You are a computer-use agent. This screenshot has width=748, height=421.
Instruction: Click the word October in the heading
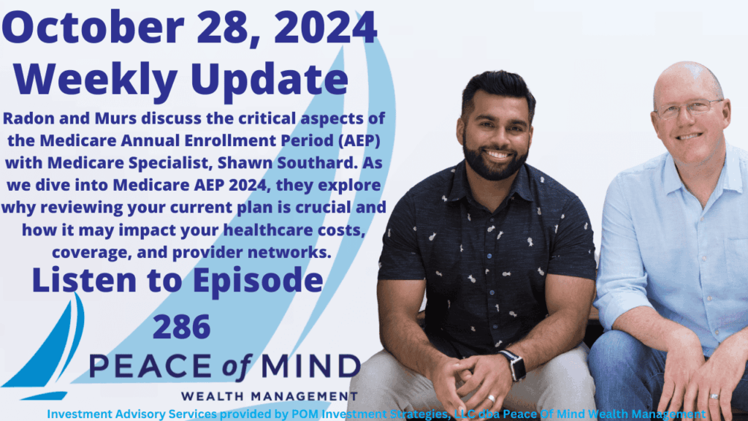coord(93,28)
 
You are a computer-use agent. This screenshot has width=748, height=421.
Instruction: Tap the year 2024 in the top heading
coord(325,28)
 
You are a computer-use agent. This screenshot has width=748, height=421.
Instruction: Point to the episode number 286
coord(182,327)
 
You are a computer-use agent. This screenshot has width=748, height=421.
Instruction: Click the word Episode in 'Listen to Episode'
coord(258,281)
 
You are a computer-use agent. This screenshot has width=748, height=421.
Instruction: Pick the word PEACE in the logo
coord(150,367)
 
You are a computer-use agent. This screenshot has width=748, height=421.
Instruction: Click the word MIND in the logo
coord(310,367)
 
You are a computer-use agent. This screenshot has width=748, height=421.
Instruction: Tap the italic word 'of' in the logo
coord(236,368)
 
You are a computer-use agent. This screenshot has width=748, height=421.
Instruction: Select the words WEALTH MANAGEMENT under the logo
coord(270,396)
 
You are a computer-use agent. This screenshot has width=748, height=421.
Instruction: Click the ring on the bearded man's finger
coord(491,398)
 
